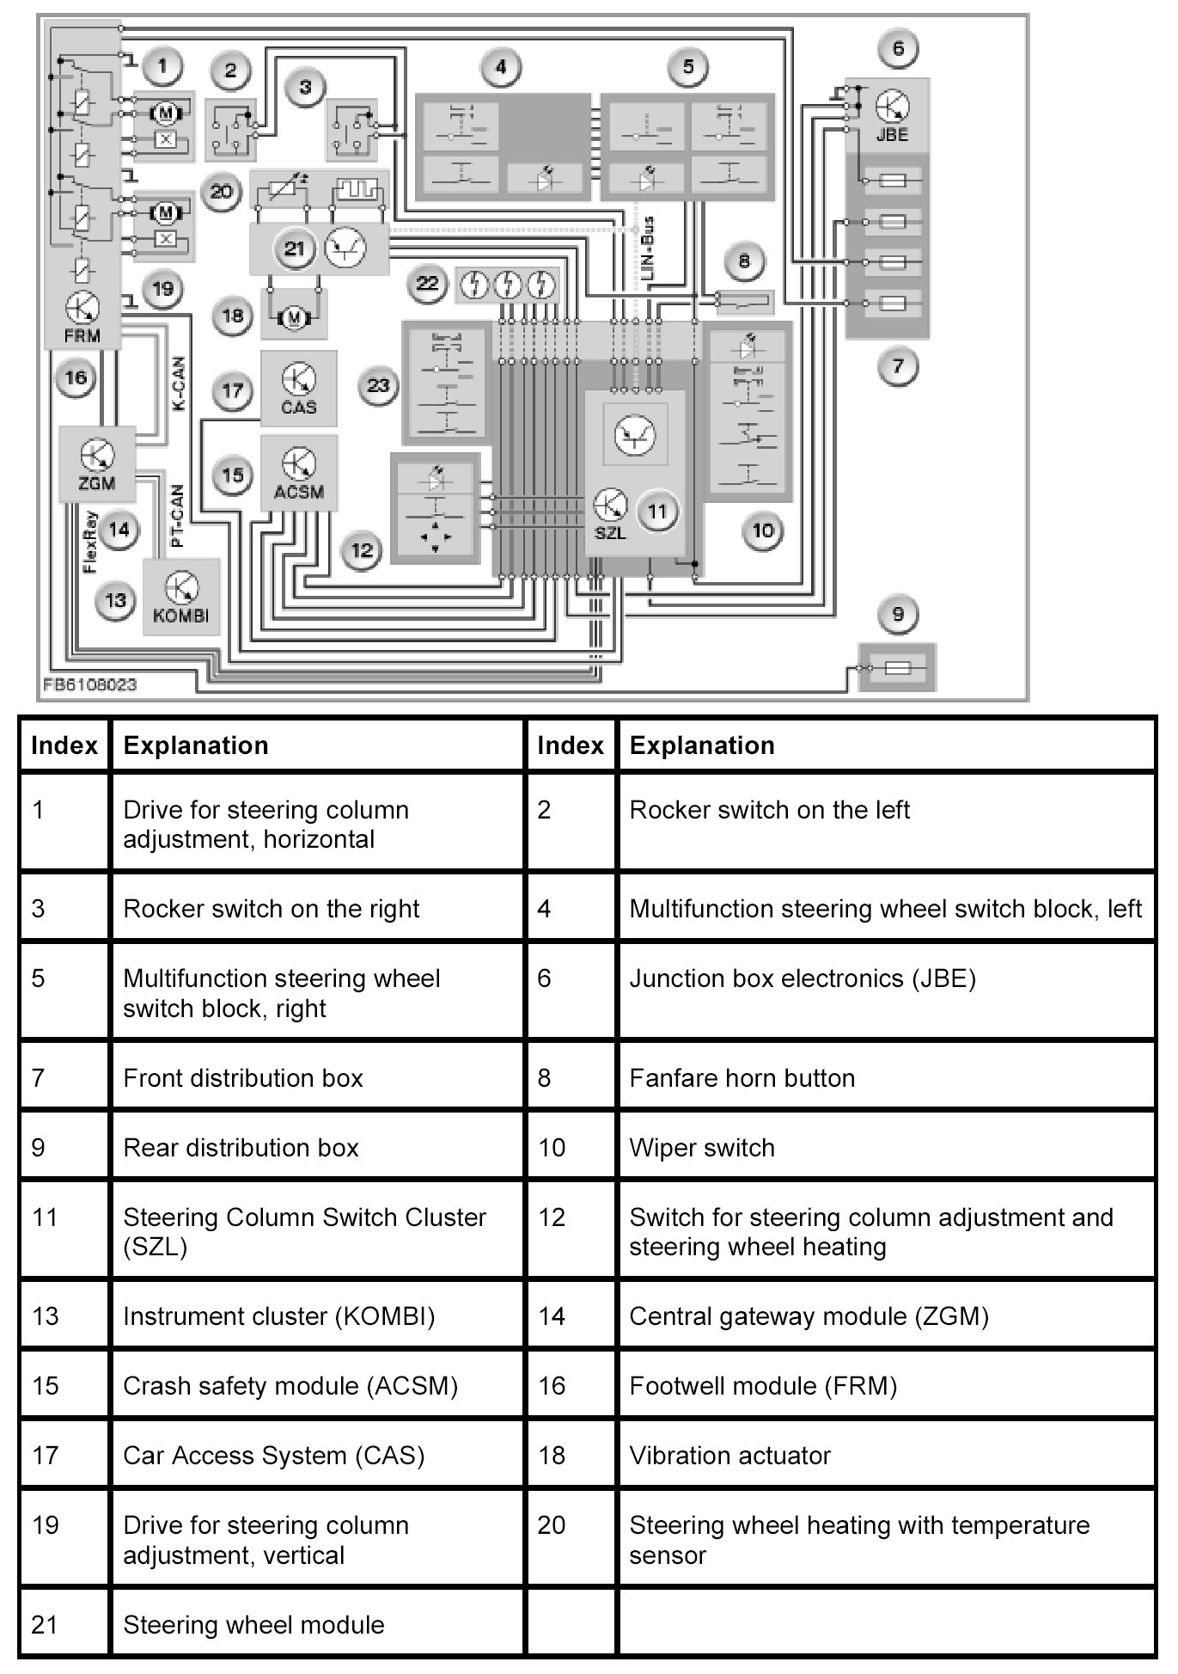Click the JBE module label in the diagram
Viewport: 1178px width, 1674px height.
click(x=892, y=135)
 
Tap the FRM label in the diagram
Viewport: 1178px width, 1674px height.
click(x=82, y=336)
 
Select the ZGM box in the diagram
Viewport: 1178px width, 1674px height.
click(x=97, y=464)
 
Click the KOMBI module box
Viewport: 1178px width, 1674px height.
click(x=180, y=597)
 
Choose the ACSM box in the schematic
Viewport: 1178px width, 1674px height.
click(x=298, y=473)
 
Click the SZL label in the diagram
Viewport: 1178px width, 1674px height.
click(x=610, y=533)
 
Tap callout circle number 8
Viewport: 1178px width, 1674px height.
click(x=744, y=261)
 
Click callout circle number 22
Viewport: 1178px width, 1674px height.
click(x=427, y=284)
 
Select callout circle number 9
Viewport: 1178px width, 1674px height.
click(x=898, y=614)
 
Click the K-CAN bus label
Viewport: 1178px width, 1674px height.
click(x=179, y=383)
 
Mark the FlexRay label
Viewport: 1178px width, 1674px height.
click(x=90, y=543)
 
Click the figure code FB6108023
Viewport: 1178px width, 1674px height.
click(x=90, y=685)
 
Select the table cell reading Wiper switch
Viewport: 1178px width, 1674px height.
click(x=702, y=1148)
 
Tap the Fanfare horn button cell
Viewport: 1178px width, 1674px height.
click(x=742, y=1078)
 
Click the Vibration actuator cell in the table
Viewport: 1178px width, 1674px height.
click(x=729, y=1456)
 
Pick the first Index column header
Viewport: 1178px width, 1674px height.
click(x=64, y=745)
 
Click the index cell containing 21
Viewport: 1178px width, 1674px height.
click(x=44, y=1624)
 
